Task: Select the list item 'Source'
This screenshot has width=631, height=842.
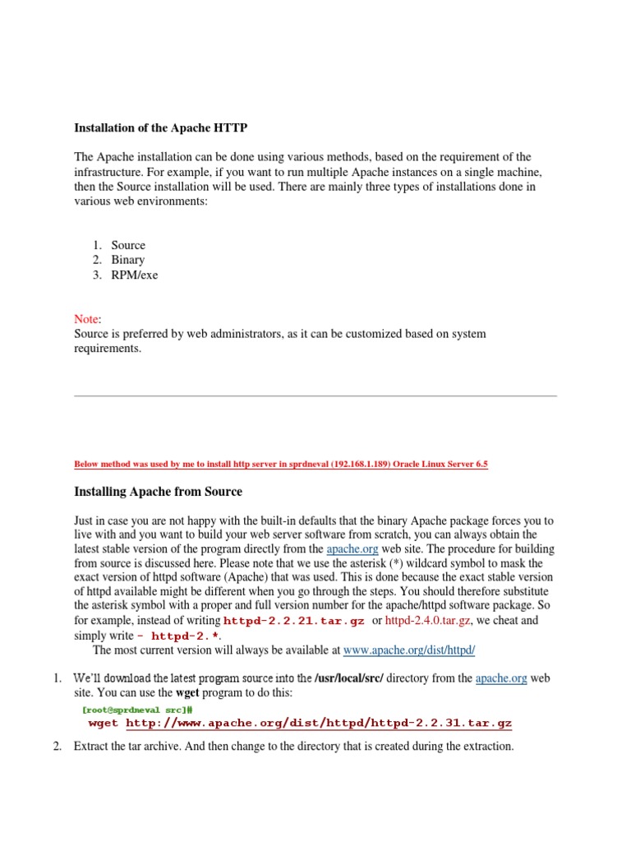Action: (128, 245)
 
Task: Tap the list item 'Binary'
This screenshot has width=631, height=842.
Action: (128, 260)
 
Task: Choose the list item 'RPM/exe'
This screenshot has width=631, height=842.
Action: (135, 275)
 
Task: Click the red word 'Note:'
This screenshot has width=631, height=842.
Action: (88, 319)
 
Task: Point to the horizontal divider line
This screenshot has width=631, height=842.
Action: (315, 396)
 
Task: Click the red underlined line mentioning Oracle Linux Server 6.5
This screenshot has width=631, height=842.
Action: (281, 464)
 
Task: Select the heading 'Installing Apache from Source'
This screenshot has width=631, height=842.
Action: (158, 492)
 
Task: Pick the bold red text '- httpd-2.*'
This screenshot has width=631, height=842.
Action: (178, 636)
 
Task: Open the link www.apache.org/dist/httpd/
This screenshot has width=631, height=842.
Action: (409, 650)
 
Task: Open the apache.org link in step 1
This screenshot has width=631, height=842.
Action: (500, 678)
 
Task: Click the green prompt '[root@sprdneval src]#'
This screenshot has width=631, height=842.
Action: (137, 708)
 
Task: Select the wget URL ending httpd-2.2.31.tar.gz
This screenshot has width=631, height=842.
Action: (319, 723)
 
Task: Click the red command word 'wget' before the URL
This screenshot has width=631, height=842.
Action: (103, 723)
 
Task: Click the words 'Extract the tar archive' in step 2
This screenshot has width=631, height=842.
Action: (129, 747)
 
